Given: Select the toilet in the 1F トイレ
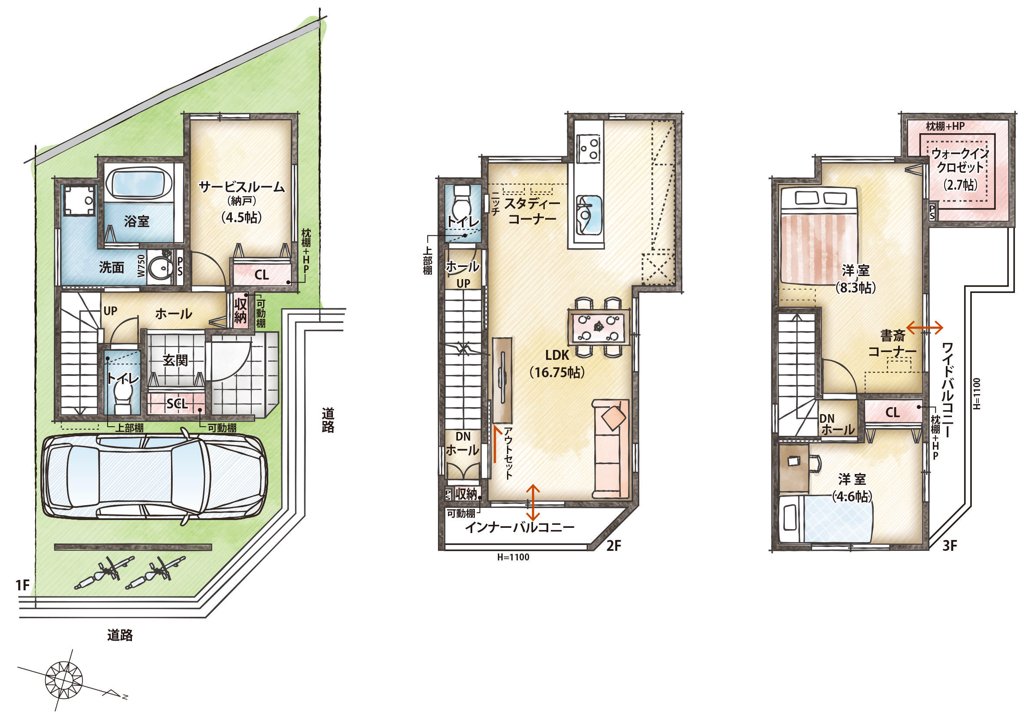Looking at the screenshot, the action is pos(122,397).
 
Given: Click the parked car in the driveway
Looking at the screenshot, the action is pos(155,477).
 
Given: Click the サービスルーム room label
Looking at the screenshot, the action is pos(241,187).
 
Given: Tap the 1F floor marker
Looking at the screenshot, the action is pos(23,585).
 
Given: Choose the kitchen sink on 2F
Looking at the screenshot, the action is pos(588,215).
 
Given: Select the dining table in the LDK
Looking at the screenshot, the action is pos(599,327).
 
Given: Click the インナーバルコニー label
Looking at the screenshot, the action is pos(519,527).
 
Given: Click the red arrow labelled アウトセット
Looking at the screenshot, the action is pos(495,444).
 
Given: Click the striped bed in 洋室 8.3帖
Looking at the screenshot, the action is pos(818,236).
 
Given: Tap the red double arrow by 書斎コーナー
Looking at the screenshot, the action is pos(925,328).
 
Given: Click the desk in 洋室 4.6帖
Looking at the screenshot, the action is pos(793,468).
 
